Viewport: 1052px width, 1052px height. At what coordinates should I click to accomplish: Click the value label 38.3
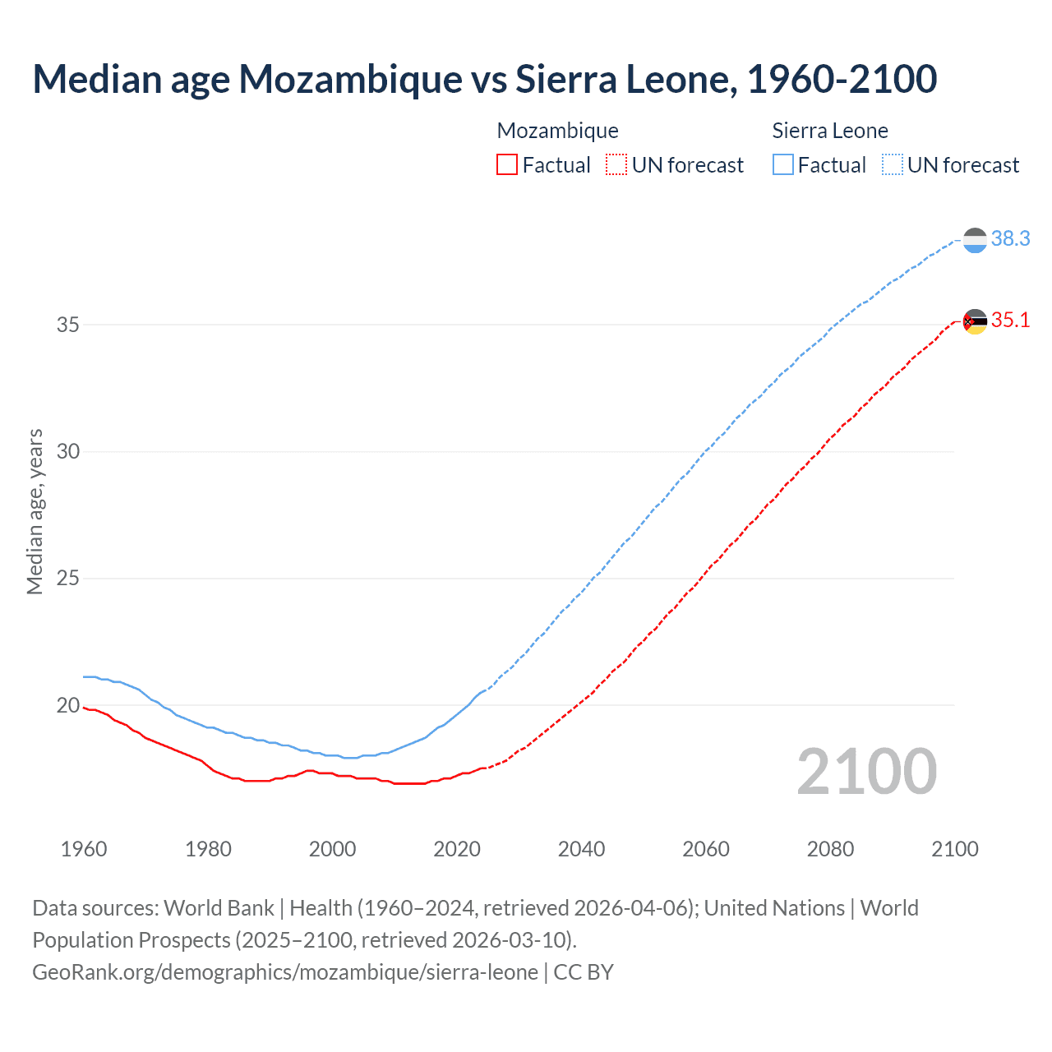(x=1010, y=238)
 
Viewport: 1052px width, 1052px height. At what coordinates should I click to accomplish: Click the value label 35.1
(x=1010, y=320)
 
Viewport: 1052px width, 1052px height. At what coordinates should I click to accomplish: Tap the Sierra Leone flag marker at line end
(x=975, y=240)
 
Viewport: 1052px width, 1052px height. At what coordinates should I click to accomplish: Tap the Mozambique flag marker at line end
(x=975, y=321)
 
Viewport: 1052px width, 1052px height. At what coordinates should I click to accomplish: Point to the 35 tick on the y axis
(x=68, y=325)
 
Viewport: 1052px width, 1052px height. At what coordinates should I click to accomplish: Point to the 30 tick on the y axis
(x=68, y=452)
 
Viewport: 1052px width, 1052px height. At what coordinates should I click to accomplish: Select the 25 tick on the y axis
(x=68, y=579)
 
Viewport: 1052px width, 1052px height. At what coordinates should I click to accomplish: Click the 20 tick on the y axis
(x=68, y=705)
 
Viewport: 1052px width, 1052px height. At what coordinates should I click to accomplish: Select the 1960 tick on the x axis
(x=84, y=849)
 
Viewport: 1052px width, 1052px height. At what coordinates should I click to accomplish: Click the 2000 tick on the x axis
(x=333, y=849)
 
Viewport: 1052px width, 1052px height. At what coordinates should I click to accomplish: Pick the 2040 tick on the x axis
(x=582, y=849)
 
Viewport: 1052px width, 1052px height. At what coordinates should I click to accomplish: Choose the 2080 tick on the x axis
(x=830, y=849)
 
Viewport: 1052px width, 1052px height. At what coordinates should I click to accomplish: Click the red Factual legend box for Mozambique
(x=507, y=165)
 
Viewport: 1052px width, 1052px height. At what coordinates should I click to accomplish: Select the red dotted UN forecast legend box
(x=616, y=165)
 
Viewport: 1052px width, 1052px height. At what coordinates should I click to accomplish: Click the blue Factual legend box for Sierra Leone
(x=783, y=165)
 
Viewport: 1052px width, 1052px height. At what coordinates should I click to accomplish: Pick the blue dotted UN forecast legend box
(x=892, y=165)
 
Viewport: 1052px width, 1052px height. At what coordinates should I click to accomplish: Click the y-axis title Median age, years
(x=35, y=511)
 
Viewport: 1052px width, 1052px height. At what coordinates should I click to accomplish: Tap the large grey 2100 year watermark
(x=866, y=771)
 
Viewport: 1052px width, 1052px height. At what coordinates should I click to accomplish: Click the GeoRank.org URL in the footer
(x=285, y=972)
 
